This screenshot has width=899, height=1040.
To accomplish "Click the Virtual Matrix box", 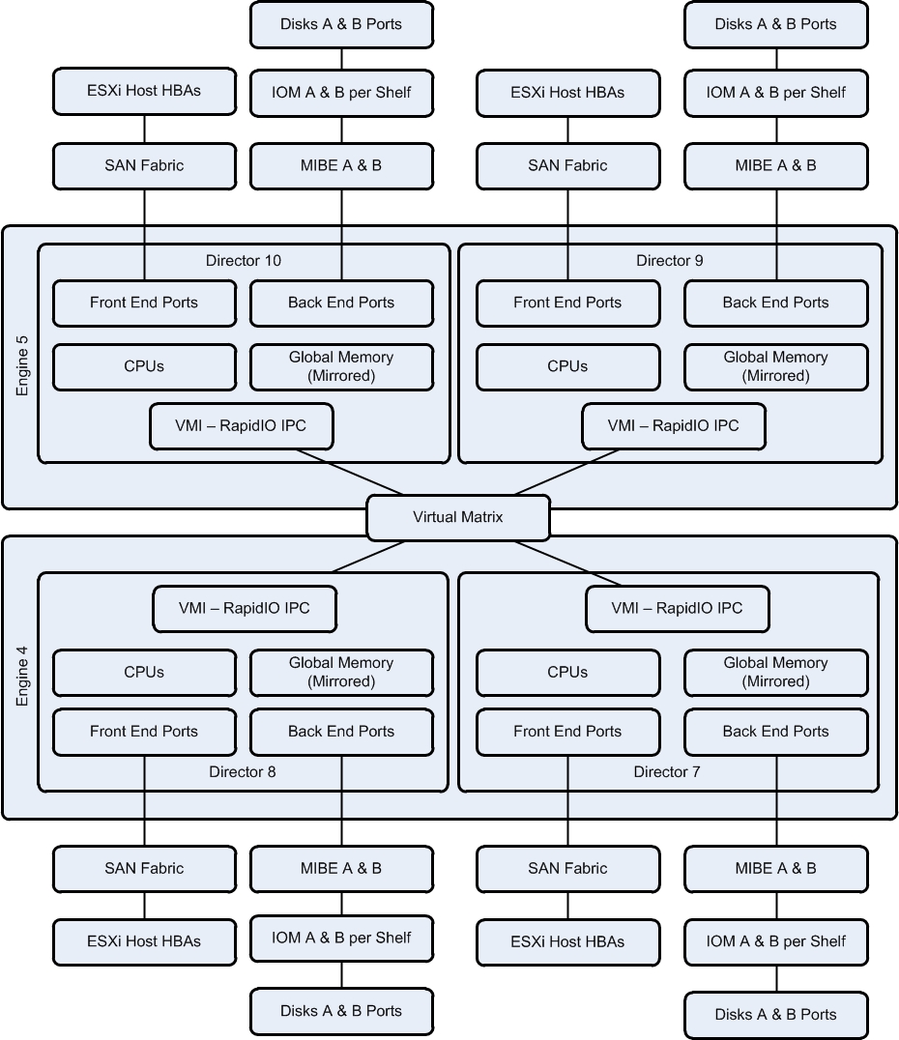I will [458, 517].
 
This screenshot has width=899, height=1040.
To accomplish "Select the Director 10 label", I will [244, 260].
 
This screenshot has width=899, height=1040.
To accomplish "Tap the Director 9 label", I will [669, 260].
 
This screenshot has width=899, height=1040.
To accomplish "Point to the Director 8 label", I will [242, 771].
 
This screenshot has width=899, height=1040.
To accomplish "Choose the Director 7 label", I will [667, 771].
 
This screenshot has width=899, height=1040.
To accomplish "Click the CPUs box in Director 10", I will [144, 366].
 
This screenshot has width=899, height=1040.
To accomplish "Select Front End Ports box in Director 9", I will [567, 303].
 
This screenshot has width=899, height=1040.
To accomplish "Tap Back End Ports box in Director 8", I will [341, 732].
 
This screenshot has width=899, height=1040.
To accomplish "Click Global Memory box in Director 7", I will [775, 672].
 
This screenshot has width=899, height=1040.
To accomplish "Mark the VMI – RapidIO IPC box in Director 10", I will [242, 426].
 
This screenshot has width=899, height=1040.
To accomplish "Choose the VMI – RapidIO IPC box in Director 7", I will [678, 609].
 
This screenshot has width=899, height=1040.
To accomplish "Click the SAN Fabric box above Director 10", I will [144, 165].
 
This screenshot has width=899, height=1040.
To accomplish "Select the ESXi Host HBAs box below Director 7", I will [567, 941].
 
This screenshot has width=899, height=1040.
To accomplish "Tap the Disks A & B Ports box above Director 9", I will [775, 24].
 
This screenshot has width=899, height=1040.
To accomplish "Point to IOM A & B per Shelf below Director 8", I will [341, 938].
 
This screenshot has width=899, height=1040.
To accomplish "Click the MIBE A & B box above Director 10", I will [341, 165].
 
